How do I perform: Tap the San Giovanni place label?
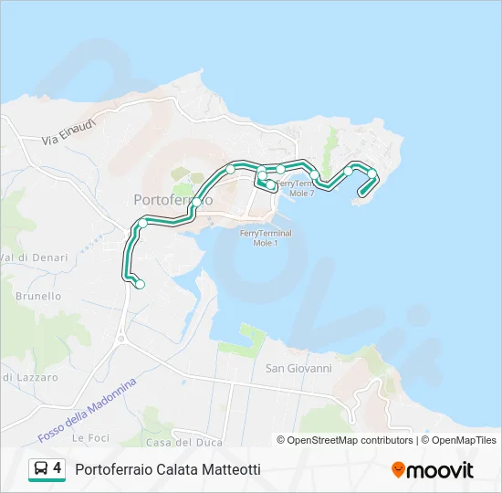coord(298,369)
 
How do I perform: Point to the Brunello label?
coord(38,296)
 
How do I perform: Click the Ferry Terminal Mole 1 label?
coord(266,238)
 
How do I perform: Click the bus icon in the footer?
coord(41,469)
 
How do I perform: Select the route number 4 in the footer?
coord(58,468)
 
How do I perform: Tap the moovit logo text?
coord(441,470)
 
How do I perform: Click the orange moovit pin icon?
coord(398,469)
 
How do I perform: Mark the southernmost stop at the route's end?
coord(140,285)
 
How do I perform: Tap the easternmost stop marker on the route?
coord(372,173)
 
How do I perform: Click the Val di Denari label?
coord(34,257)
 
